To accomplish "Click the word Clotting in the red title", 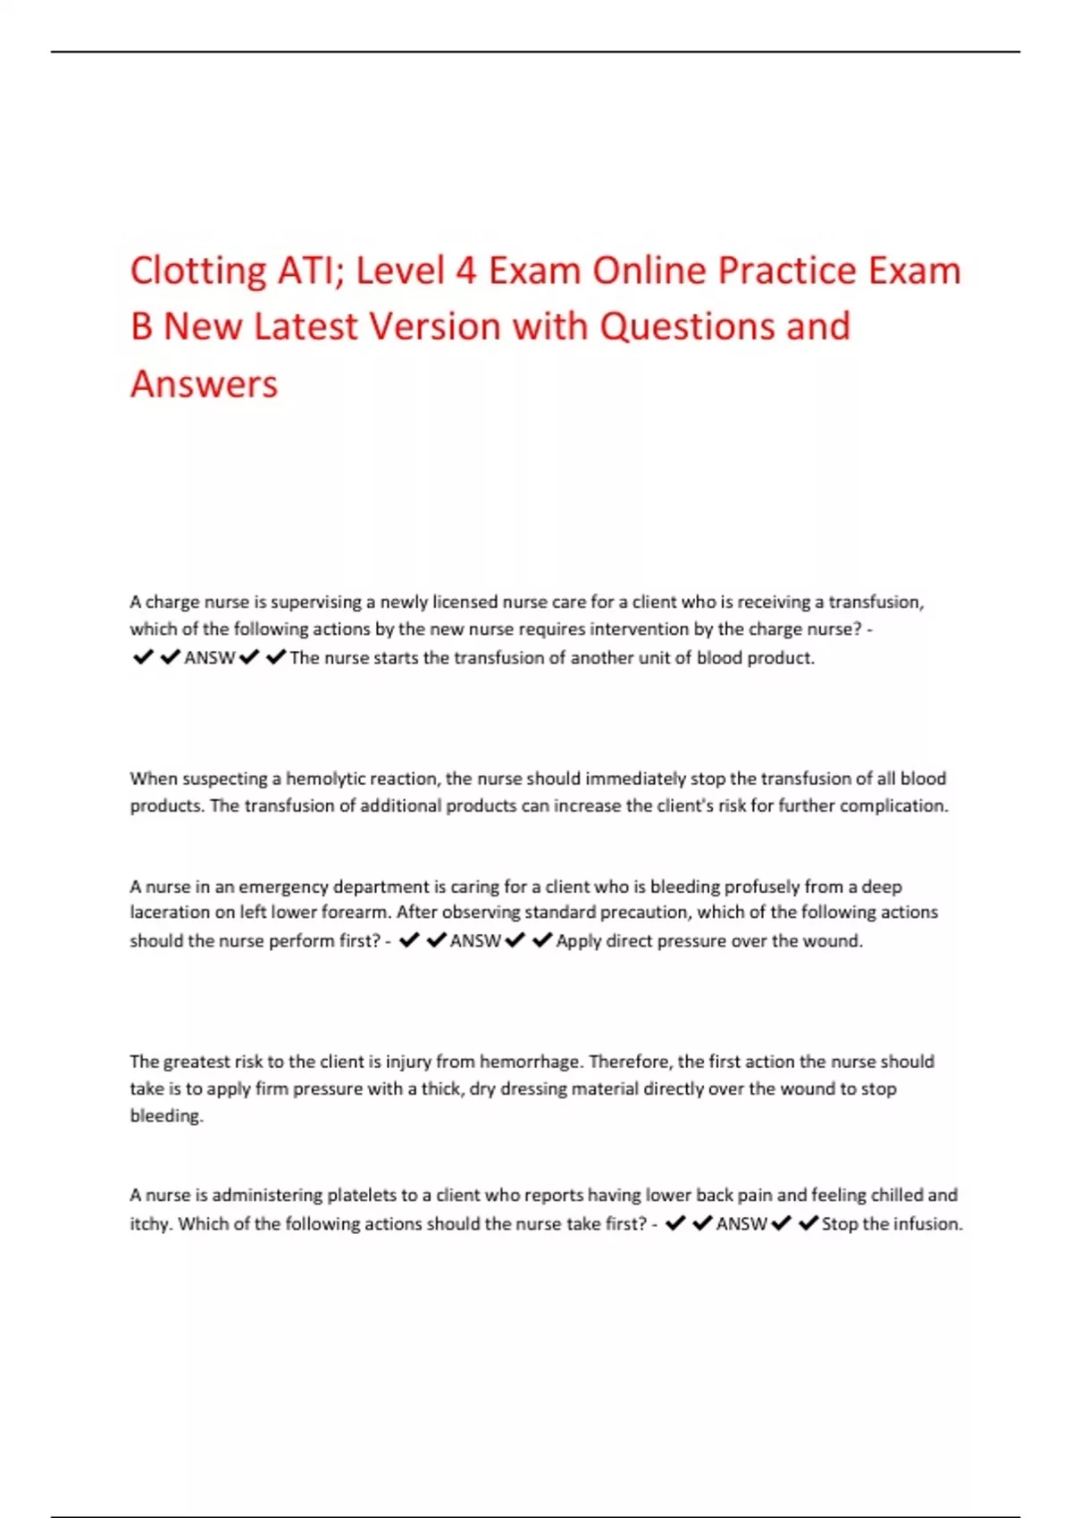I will (x=197, y=271).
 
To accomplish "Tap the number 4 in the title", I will (x=465, y=271).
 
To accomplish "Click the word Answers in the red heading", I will (x=204, y=384).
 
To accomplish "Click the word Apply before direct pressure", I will (x=579, y=941).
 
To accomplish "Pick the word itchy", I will (x=150, y=1224).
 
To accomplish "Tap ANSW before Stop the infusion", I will (x=741, y=1224).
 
